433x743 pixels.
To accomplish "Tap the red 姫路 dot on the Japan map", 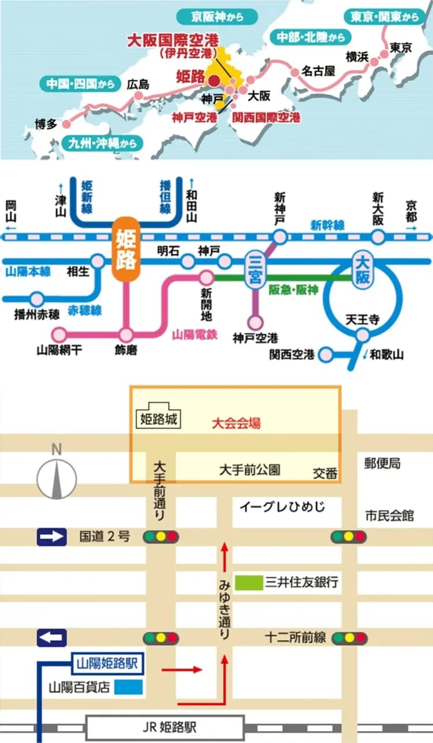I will click(214, 81).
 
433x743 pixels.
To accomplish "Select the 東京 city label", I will click(401, 48).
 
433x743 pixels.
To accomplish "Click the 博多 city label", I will click(46, 124).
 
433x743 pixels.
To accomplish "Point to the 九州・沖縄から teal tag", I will click(102, 142).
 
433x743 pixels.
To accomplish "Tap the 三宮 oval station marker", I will click(255, 269).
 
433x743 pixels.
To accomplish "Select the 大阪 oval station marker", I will click(362, 270).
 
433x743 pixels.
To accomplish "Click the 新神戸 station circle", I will click(280, 236).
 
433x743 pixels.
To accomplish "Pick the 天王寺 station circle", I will click(363, 335).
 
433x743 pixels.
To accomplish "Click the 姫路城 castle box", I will click(158, 417).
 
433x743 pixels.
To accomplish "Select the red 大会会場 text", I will click(236, 423).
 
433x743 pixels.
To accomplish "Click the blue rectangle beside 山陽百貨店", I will click(128, 688).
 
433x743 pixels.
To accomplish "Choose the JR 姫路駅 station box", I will click(165, 726).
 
